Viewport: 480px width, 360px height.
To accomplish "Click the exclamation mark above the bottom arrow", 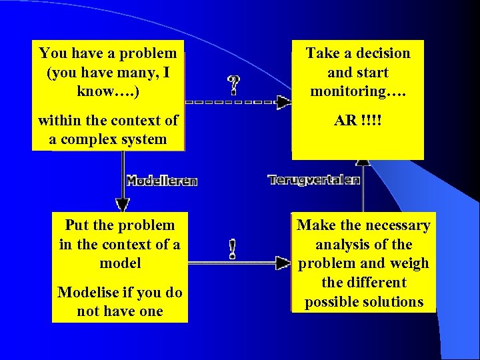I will (232, 249).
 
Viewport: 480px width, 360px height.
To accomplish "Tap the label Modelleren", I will (161, 181).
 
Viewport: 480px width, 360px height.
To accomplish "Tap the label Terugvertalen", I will (314, 179).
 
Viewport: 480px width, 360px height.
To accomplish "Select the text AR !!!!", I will (358, 121).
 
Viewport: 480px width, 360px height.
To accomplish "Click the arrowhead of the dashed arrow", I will (284, 102).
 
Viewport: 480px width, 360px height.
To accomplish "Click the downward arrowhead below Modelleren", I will (122, 204).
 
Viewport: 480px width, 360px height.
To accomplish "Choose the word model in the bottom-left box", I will (120, 263).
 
